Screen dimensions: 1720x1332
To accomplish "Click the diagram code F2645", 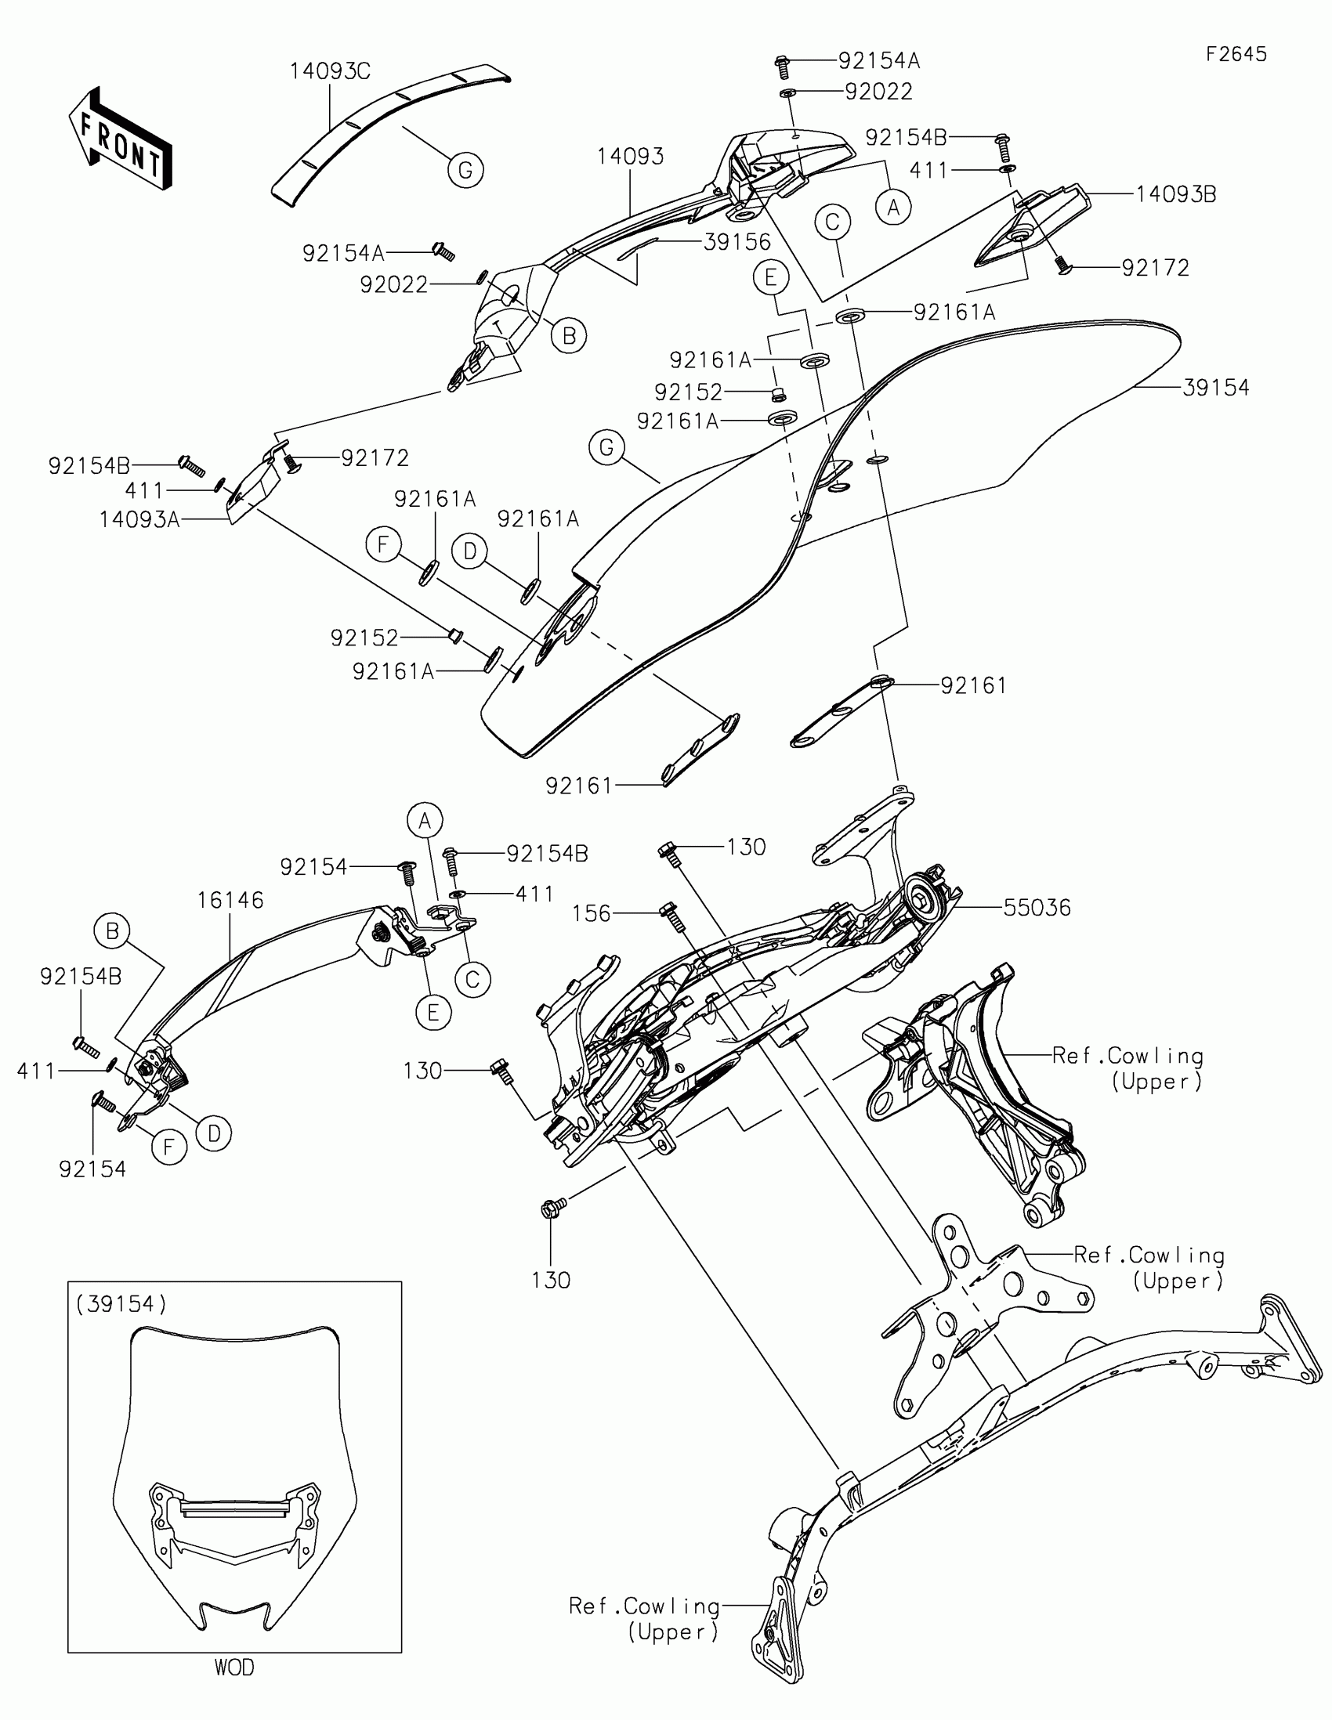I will click(1236, 54).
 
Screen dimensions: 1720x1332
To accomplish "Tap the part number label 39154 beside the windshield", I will click(1215, 388).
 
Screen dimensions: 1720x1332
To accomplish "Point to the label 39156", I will click(737, 242).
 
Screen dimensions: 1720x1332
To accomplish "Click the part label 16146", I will click(230, 900).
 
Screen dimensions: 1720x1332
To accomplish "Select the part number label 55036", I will click(1037, 908).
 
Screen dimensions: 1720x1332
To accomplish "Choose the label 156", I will click(591, 913).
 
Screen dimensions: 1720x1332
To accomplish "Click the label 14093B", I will click(1175, 193).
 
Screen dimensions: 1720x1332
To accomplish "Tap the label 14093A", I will click(139, 520).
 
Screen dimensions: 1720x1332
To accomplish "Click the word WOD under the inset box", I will click(234, 1668).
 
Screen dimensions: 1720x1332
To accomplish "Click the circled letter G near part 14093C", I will click(465, 170).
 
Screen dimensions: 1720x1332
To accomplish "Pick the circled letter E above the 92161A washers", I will click(770, 277).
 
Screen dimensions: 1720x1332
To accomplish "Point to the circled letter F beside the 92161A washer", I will click(384, 545).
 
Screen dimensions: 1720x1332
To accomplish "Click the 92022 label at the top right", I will click(878, 92).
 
